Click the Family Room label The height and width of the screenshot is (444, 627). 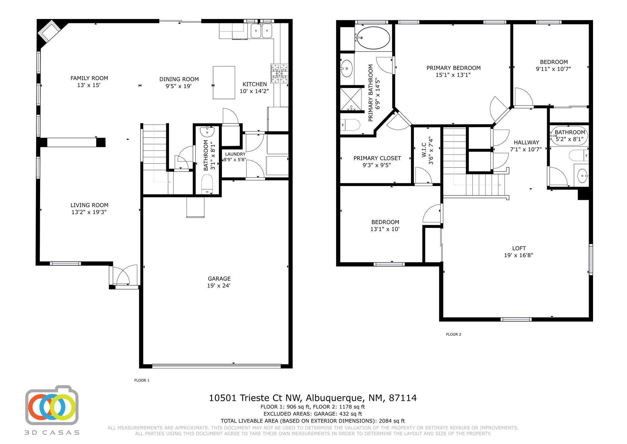pos(89,78)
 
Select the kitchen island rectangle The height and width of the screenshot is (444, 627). pos(224,82)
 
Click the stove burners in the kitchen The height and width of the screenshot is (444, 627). pos(279,74)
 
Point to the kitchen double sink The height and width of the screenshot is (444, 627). pos(262,31)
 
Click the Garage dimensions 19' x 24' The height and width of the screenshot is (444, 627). pos(219,286)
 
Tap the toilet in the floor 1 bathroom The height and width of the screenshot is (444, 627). pos(207,184)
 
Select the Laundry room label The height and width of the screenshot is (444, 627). pos(235,154)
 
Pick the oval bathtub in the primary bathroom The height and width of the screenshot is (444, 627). pos(374,38)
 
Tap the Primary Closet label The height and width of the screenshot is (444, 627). pos(377,158)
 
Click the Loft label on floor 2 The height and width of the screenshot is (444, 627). pos(519,248)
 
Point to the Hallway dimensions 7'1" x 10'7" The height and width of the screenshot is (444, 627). pos(526,150)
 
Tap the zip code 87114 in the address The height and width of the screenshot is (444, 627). pos(403,398)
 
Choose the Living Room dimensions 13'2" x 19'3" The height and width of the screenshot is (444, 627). pos(89,212)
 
